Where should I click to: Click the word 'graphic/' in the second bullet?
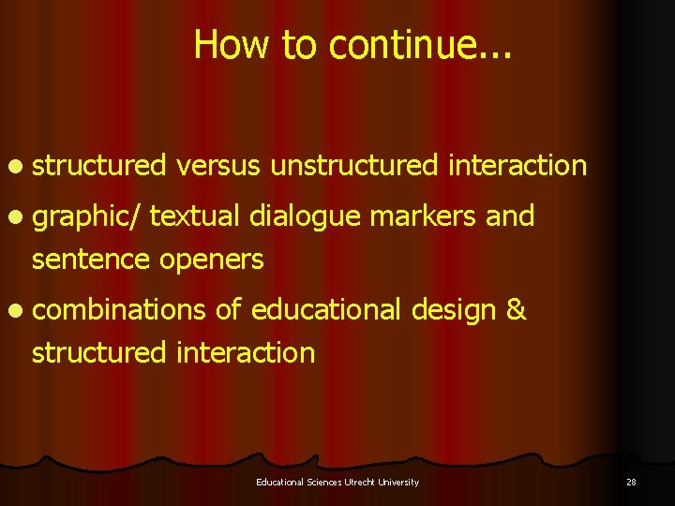(x=88, y=217)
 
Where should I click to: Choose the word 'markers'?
(x=424, y=216)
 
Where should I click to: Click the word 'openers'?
(x=212, y=260)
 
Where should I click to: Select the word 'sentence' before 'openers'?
(x=91, y=259)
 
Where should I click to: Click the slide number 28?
(x=631, y=482)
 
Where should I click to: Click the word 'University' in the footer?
(x=397, y=482)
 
